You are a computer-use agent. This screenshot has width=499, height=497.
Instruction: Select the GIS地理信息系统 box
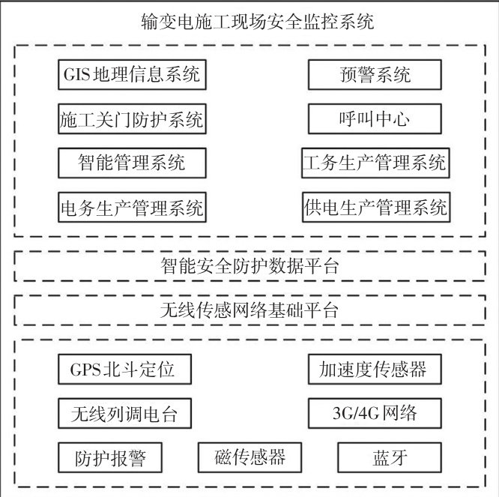pyautogui.click(x=132, y=75)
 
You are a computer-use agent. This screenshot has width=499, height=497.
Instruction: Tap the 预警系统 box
pyautogui.click(x=375, y=75)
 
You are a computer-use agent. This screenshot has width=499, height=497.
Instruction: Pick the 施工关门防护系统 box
pyautogui.click(x=132, y=119)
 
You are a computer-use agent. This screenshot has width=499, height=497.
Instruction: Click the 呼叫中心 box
pyautogui.click(x=375, y=119)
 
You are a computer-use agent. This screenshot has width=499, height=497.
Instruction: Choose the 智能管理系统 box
pyautogui.click(x=132, y=163)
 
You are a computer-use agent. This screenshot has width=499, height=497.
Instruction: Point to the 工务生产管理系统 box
pyautogui.click(x=375, y=163)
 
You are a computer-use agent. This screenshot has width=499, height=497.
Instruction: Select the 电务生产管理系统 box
pyautogui.click(x=132, y=206)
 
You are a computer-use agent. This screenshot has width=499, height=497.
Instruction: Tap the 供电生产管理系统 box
pyautogui.click(x=375, y=206)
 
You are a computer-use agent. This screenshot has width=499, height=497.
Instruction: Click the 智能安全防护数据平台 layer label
pyautogui.click(x=250, y=266)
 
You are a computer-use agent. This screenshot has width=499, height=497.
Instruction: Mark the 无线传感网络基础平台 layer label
pyautogui.click(x=250, y=310)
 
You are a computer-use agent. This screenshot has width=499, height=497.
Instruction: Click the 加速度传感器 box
pyautogui.click(x=375, y=370)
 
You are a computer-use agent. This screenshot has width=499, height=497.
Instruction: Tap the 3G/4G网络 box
pyautogui.click(x=375, y=413)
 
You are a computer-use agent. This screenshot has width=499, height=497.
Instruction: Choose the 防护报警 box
pyautogui.click(x=110, y=457)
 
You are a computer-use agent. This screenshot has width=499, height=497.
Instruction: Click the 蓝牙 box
pyautogui.click(x=390, y=457)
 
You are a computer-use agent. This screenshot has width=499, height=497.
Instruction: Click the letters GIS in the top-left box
pyautogui.click(x=78, y=75)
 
